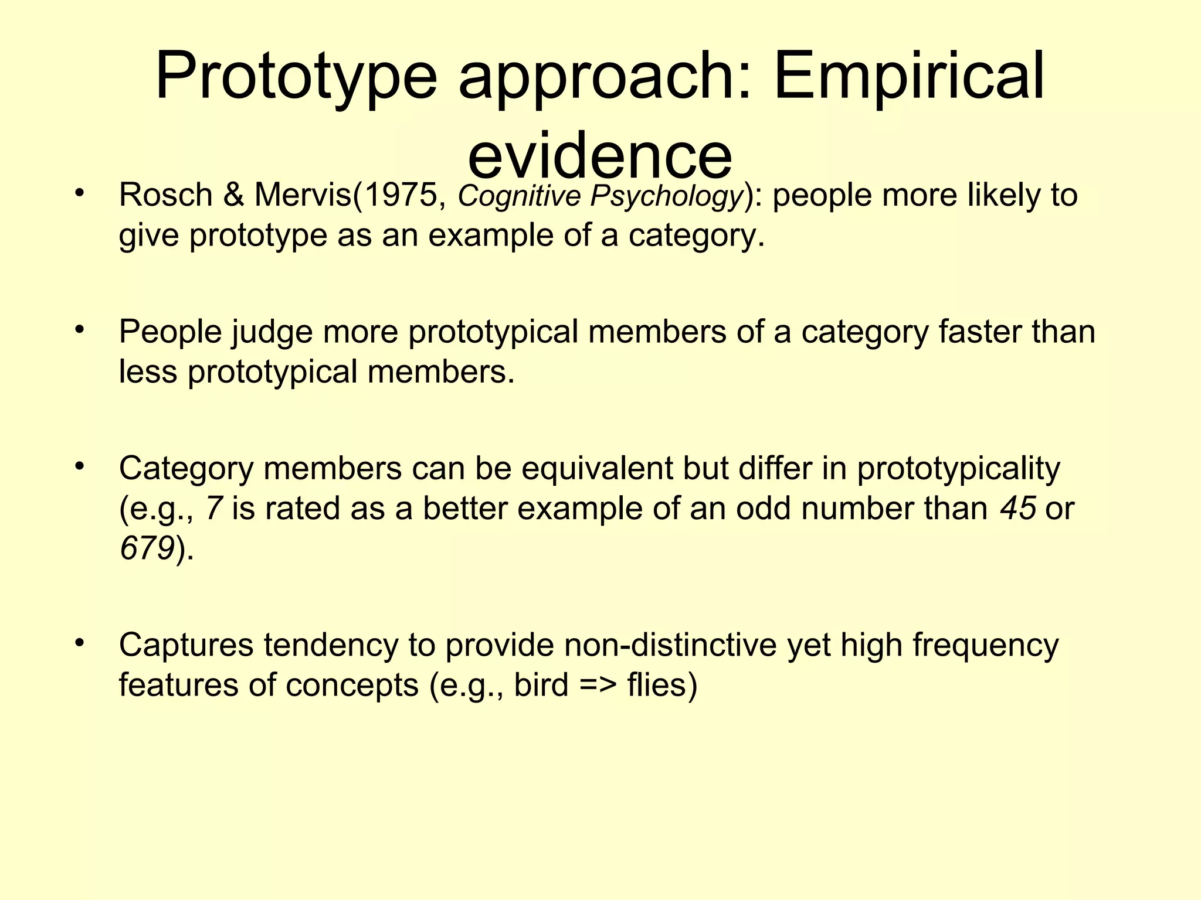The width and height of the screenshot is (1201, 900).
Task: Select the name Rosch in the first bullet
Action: tap(165, 195)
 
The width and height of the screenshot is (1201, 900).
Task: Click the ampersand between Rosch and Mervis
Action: tap(233, 195)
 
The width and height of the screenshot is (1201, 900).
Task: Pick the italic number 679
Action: tap(147, 548)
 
